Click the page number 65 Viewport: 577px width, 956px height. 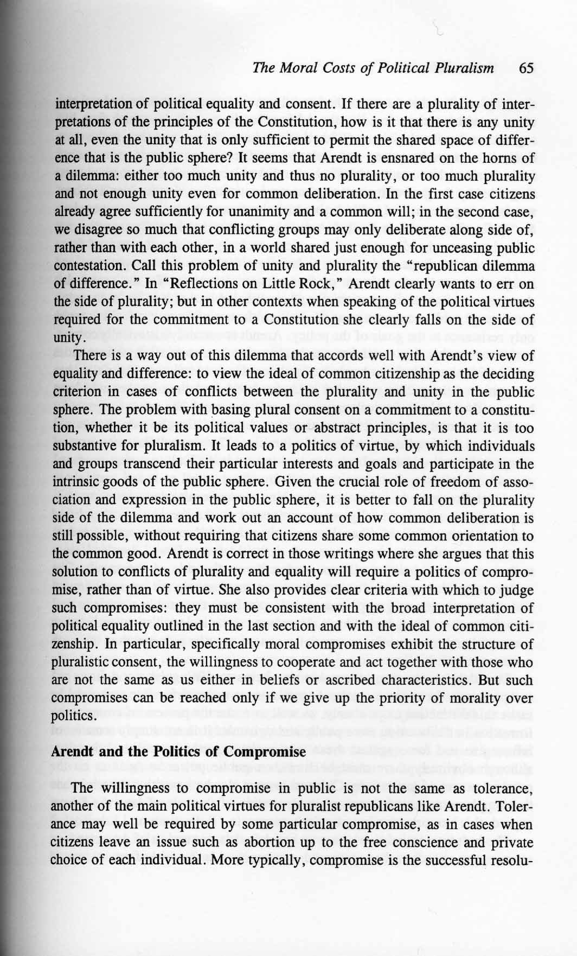526,68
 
